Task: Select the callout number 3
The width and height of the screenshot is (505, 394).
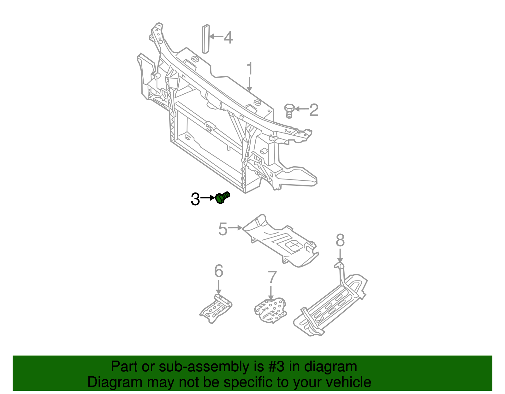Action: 195,199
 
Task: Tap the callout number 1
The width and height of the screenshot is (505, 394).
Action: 249,69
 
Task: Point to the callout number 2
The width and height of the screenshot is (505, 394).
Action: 314,110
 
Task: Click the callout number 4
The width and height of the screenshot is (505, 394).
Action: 228,38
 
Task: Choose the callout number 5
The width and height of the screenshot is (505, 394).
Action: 223,229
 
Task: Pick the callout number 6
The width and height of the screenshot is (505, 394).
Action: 218,271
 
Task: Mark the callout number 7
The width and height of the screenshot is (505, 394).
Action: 272,277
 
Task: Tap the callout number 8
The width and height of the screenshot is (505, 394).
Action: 340,241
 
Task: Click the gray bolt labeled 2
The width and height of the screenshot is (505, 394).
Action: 289,110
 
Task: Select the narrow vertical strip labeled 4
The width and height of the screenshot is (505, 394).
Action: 205,39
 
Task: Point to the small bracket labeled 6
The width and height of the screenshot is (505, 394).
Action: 216,309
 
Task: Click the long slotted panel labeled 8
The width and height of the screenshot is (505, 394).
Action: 331,306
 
